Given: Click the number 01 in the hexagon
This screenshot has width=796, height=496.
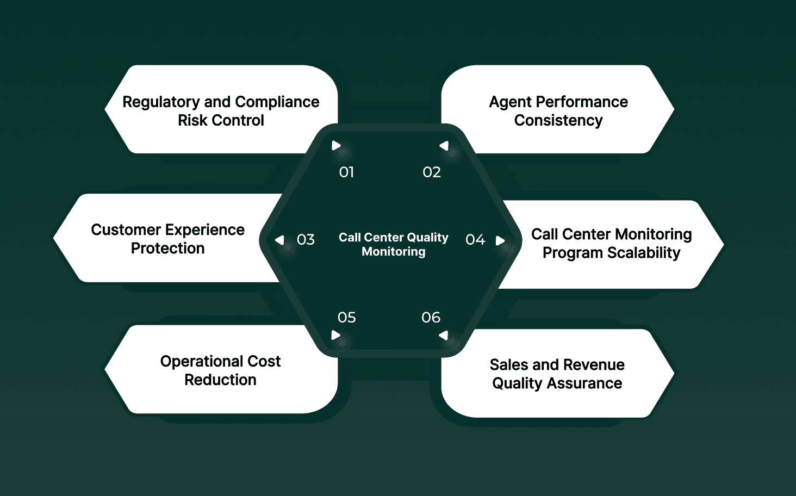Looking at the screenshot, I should point(346,172).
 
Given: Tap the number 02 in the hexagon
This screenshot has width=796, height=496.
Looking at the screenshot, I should point(432,172).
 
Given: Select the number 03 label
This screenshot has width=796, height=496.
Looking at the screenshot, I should point(306,240).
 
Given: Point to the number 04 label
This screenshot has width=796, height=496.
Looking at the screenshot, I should point(475,240).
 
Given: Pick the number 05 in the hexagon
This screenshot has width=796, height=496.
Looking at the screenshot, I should point(346,318).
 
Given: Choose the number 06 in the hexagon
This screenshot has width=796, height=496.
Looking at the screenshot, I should point(431,318).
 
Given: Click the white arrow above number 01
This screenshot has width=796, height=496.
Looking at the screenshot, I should point(336,146).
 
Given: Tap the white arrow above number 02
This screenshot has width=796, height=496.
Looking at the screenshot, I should point(444,146).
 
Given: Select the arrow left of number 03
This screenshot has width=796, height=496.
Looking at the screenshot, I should point(279,240).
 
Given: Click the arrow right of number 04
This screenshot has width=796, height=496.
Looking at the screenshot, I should point(500,240).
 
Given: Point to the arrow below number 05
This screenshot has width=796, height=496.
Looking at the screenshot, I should point(336,335).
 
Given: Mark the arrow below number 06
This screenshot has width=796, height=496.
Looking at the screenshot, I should point(444,336).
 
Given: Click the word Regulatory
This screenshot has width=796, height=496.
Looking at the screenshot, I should point(161,102).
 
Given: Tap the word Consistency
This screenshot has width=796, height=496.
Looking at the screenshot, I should point(558,121).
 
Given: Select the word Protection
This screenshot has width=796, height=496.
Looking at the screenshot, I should point(167,249).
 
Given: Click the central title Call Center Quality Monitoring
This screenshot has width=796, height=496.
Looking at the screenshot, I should point(394,244).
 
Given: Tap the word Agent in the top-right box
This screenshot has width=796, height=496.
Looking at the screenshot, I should point(510,102).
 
